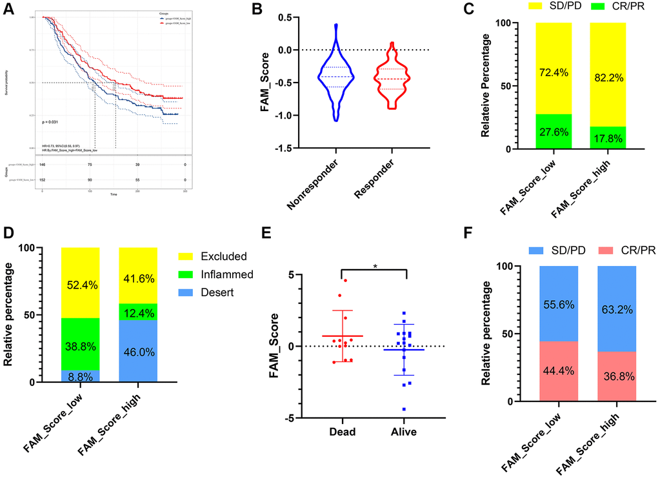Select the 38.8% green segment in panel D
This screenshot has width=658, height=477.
(81, 344)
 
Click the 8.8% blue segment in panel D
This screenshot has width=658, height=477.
(81, 376)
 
